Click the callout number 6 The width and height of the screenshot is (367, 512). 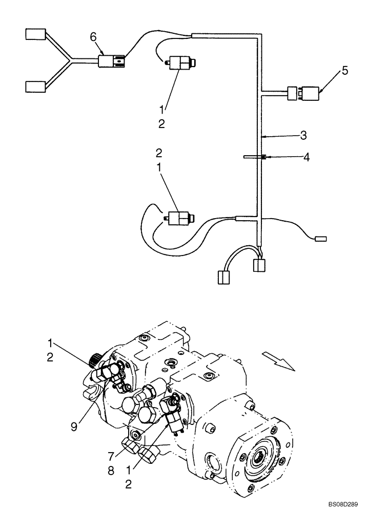(93, 36)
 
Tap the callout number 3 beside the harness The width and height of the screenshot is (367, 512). (303, 136)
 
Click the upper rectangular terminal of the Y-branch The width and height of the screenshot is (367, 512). (35, 35)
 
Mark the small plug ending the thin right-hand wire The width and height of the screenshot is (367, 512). (320, 238)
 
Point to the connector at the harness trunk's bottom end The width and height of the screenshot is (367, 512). (259, 265)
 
